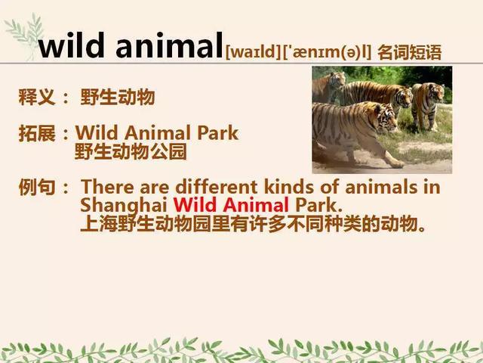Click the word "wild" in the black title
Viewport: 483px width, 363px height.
(x=72, y=45)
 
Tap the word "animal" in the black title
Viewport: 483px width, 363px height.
(x=169, y=45)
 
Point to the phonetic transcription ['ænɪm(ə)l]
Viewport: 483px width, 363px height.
(x=327, y=52)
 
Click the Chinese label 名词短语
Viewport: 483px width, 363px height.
(x=410, y=52)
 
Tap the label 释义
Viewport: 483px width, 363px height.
(x=37, y=97)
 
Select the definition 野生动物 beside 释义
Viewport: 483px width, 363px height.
(x=118, y=97)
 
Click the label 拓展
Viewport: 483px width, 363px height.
(x=37, y=133)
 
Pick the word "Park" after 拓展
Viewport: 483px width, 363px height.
(x=218, y=133)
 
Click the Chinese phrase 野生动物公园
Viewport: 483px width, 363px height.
(x=131, y=151)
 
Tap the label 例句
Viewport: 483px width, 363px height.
(x=37, y=187)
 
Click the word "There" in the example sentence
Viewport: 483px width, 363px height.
(x=107, y=187)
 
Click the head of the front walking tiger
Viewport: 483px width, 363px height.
(x=385, y=118)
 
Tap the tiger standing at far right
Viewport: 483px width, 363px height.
(x=428, y=106)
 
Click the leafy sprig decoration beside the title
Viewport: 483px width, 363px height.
(x=25, y=35)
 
